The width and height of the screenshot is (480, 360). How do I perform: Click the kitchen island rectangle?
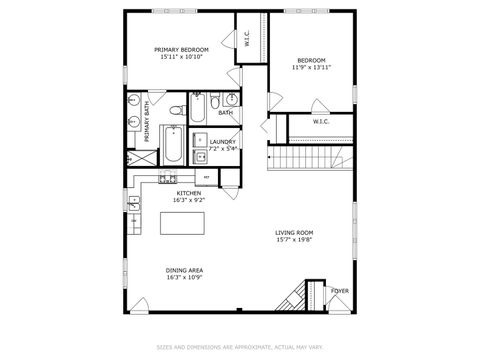click(186, 222)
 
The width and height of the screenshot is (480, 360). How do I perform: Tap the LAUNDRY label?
click(223, 142)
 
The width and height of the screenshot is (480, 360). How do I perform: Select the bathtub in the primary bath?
click(174, 145)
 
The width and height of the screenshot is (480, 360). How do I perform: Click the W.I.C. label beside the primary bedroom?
click(248, 40)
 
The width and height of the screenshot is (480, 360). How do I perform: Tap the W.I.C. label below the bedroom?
click(321, 122)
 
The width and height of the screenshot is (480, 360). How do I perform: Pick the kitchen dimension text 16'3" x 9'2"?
click(189, 200)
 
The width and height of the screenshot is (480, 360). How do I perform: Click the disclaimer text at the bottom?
click(239, 348)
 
